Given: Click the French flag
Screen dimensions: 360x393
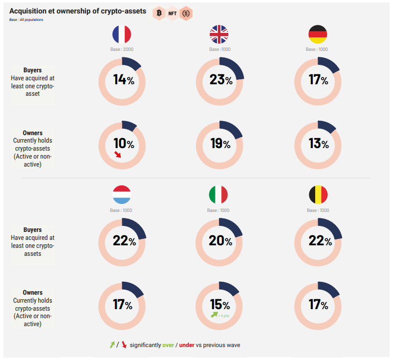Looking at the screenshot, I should tap(122, 35).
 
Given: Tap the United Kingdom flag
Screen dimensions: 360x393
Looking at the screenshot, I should tap(219, 35).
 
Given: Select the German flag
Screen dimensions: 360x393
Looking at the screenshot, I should tap(318, 35).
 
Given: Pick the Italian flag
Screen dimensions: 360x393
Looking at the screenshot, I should tap(218, 195).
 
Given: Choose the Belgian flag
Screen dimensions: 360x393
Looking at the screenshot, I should tap(318, 195).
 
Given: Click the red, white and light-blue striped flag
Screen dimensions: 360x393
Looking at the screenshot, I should tap(122, 195).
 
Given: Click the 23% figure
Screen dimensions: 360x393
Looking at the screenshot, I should tap(220, 80).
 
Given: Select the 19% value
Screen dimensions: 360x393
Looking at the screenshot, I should tap(220, 144).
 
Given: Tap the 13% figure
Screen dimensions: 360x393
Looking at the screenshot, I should tap(318, 144).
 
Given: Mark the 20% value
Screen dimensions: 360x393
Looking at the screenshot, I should tap(220, 241).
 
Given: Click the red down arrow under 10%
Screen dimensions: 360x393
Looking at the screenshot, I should tap(118, 155).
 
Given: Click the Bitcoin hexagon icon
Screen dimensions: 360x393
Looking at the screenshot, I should tap(160, 13).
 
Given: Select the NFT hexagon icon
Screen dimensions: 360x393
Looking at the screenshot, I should tap(173, 13).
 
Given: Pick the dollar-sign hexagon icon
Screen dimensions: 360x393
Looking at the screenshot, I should tap(186, 13).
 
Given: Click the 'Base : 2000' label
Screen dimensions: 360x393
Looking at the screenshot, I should tap(122, 49).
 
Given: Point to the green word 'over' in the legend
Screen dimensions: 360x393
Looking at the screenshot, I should tap(169, 345).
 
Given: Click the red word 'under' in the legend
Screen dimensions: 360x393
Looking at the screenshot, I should tap(187, 345).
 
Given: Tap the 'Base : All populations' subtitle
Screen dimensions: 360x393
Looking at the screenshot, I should tap(26, 19).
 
